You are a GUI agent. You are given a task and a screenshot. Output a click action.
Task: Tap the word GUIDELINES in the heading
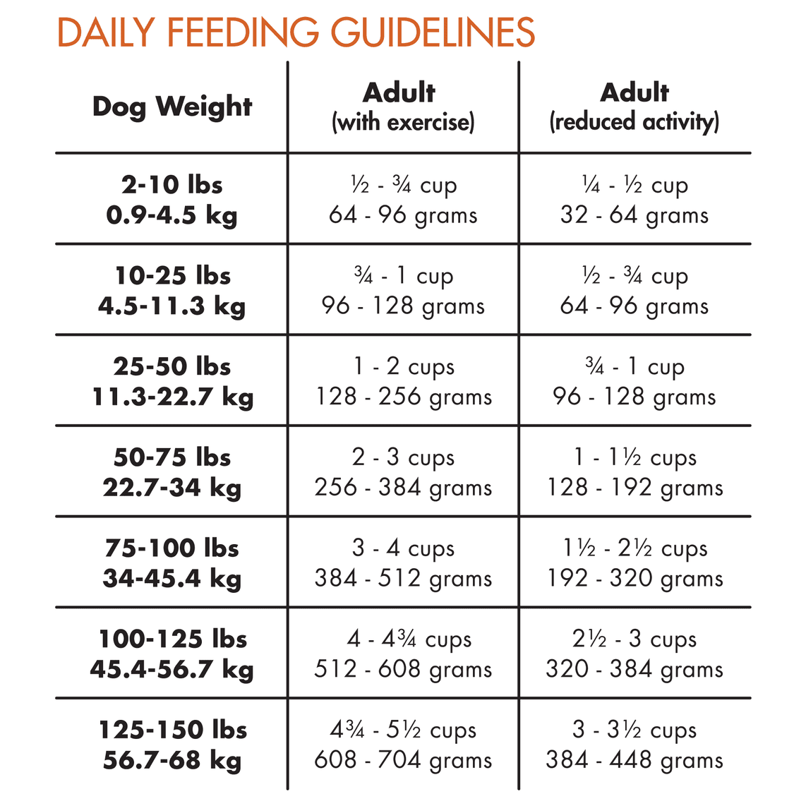(433, 32)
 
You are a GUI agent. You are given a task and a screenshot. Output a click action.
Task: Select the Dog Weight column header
(172, 107)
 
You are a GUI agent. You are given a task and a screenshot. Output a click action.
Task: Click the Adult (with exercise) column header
(403, 107)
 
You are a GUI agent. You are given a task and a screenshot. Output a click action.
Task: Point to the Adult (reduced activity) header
(634, 107)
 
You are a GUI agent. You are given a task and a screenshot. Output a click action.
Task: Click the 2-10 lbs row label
(172, 185)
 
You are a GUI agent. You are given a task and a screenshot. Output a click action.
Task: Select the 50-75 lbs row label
(172, 457)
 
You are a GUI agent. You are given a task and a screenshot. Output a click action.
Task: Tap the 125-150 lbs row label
(172, 730)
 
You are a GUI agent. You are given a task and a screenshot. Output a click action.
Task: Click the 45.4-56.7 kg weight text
(172, 669)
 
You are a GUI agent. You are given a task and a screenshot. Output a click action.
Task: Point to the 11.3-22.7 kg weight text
(172, 397)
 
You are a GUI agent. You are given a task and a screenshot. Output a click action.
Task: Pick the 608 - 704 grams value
(403, 760)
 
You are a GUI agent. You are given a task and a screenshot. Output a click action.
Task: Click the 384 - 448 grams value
(634, 760)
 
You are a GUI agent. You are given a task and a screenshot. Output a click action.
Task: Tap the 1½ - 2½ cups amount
(634, 548)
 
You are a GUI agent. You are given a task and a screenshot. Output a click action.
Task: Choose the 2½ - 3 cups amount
(634, 639)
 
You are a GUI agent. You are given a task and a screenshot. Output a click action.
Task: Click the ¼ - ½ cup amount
(634, 185)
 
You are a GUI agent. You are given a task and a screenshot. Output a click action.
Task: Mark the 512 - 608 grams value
(403, 669)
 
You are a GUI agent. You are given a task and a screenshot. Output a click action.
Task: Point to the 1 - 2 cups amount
(403, 367)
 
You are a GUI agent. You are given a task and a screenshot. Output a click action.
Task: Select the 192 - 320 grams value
(634, 579)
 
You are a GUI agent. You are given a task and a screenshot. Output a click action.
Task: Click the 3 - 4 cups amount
(403, 548)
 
